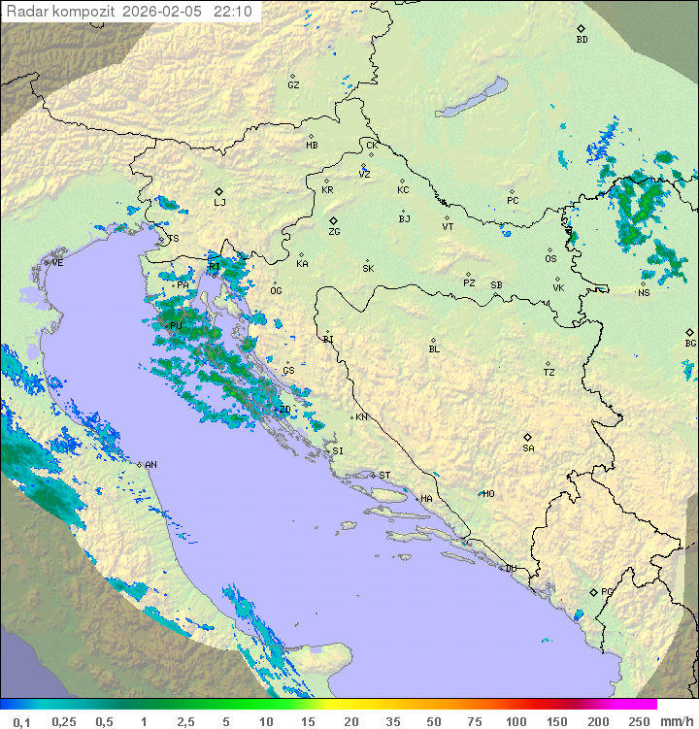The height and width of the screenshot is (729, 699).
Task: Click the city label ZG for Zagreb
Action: [x=334, y=233]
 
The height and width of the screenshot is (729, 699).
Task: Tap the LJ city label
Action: [x=219, y=203]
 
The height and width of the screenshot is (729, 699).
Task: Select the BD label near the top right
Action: [x=582, y=40]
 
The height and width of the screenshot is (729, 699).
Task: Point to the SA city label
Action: [x=528, y=448]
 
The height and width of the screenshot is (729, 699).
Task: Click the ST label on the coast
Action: [x=384, y=476]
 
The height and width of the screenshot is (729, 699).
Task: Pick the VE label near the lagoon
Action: [x=57, y=263]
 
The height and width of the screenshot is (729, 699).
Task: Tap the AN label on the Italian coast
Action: [x=150, y=465]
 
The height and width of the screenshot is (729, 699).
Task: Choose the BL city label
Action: [x=434, y=349]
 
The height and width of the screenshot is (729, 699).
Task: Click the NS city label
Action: [x=644, y=293]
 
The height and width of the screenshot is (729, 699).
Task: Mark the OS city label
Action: [x=550, y=259]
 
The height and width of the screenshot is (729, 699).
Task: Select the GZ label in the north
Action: [x=293, y=85]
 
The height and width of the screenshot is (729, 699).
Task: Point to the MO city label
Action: [x=488, y=494]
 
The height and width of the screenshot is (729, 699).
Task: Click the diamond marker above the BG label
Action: [x=689, y=332]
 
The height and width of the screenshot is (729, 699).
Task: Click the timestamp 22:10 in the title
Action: [x=233, y=12]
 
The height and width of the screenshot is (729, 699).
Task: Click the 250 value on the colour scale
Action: [x=639, y=721]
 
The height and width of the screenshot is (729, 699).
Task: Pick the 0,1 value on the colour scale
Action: [x=21, y=721]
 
